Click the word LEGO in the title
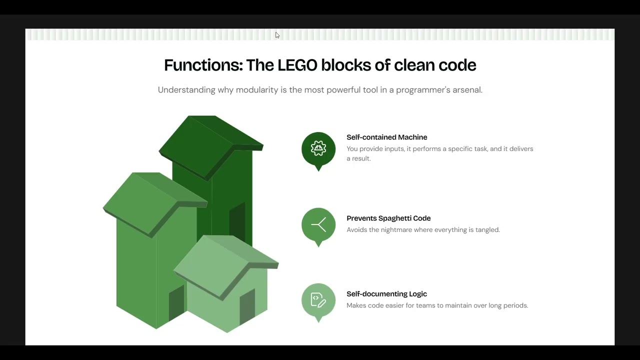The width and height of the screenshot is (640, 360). click(297, 65)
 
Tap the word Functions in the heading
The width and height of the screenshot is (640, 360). click(203, 65)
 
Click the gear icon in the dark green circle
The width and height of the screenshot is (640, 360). click(318, 148)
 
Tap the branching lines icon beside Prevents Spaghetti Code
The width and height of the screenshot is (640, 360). click(318, 224)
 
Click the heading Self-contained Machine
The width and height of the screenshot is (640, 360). click(387, 137)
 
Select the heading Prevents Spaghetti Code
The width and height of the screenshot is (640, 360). click(388, 218)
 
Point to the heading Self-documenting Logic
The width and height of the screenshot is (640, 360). click(386, 294)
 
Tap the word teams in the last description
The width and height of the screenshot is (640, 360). click(425, 305)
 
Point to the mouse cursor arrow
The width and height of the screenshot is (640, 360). click(277, 35)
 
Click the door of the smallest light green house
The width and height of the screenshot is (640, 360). click(247, 306)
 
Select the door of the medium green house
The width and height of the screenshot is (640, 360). click(176, 302)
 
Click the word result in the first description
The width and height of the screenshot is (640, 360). click(361, 158)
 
